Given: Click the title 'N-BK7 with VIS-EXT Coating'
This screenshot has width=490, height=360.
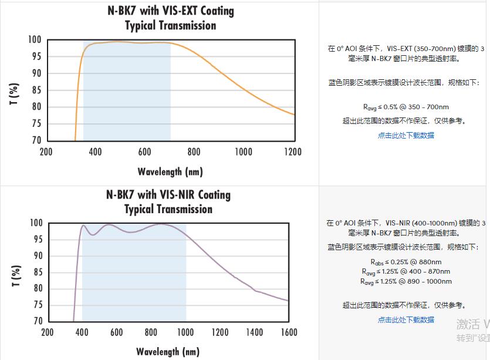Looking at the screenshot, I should pos(170,11).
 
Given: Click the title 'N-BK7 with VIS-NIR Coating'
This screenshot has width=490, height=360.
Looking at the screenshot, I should pos(168,195).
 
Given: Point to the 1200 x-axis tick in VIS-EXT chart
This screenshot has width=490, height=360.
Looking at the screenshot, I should pos(292,152).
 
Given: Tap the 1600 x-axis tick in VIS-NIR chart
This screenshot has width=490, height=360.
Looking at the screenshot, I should pos(289,333).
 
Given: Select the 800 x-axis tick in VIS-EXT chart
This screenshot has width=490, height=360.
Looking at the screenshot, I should pos(194,152).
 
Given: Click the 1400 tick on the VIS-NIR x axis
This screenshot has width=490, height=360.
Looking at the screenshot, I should pos(254,333).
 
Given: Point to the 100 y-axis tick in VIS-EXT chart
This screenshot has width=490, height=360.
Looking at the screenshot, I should pos(35,40).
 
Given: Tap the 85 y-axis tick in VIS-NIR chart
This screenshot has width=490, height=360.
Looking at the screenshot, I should pos(36,272).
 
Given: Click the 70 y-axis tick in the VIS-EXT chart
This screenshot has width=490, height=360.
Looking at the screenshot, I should pos(36,140).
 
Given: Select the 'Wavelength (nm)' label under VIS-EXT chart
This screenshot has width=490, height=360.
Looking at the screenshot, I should pos(170,172).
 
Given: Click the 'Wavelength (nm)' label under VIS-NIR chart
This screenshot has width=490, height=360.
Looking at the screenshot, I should pos(168,352).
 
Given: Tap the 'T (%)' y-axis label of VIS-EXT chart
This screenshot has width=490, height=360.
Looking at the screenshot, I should pos(15,94).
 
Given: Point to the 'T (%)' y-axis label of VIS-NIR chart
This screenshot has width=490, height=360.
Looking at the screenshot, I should pos(16,276).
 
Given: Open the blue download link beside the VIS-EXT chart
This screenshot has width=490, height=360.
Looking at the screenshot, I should pos(405,136).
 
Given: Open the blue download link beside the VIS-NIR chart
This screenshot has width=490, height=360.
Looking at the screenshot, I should pos(405,320).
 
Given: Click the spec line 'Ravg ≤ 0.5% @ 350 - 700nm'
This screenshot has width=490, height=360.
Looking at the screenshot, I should pos(405,107).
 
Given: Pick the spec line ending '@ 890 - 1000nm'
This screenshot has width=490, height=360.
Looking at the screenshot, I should pos(405,281).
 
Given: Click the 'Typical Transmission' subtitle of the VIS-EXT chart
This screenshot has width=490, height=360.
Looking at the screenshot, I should pos(170,26).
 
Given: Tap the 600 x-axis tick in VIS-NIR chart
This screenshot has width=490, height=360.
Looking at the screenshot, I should pos(116,333).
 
